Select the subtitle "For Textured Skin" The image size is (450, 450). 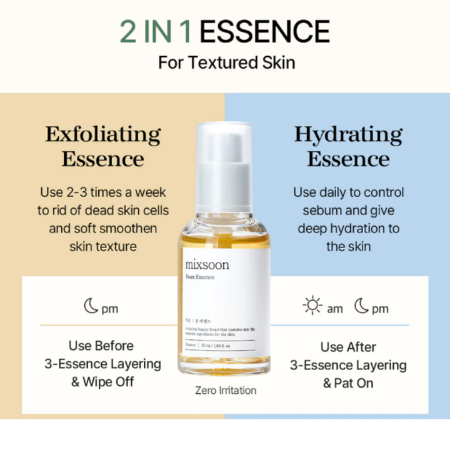click(226, 62)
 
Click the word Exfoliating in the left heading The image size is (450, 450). click(102, 134)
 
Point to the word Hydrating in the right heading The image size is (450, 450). click(348, 134)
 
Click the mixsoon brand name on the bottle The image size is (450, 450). click(207, 264)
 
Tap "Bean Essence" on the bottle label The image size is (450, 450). click(200, 277)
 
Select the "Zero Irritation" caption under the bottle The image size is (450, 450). click(226, 391)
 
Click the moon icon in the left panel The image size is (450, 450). click(91, 307)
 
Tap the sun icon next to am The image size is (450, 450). click(312, 307)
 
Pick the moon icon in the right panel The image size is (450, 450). click(362, 307)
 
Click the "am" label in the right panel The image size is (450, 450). click(335, 309)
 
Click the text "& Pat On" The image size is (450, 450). click(348, 383)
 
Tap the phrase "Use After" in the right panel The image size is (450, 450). click(348, 347)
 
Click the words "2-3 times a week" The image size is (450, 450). click(117, 192)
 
